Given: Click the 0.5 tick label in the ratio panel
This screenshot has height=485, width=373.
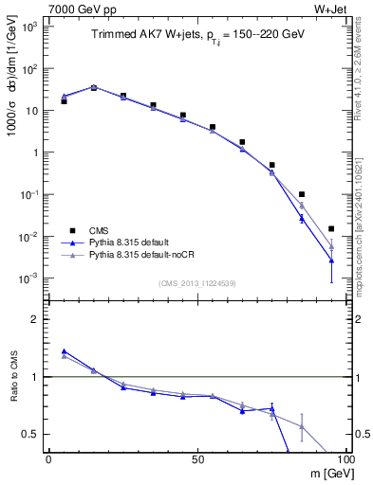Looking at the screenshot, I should tap(30, 434).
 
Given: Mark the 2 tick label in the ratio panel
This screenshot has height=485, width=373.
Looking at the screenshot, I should tap(34, 319).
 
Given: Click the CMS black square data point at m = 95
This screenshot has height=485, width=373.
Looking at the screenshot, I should tap(331, 228).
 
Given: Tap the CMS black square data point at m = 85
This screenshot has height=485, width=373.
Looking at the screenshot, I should tap(302, 194).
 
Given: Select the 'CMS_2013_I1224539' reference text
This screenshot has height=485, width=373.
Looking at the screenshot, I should tap(196, 282).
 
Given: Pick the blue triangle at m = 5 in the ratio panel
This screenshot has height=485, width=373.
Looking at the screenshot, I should tap(64, 350).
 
